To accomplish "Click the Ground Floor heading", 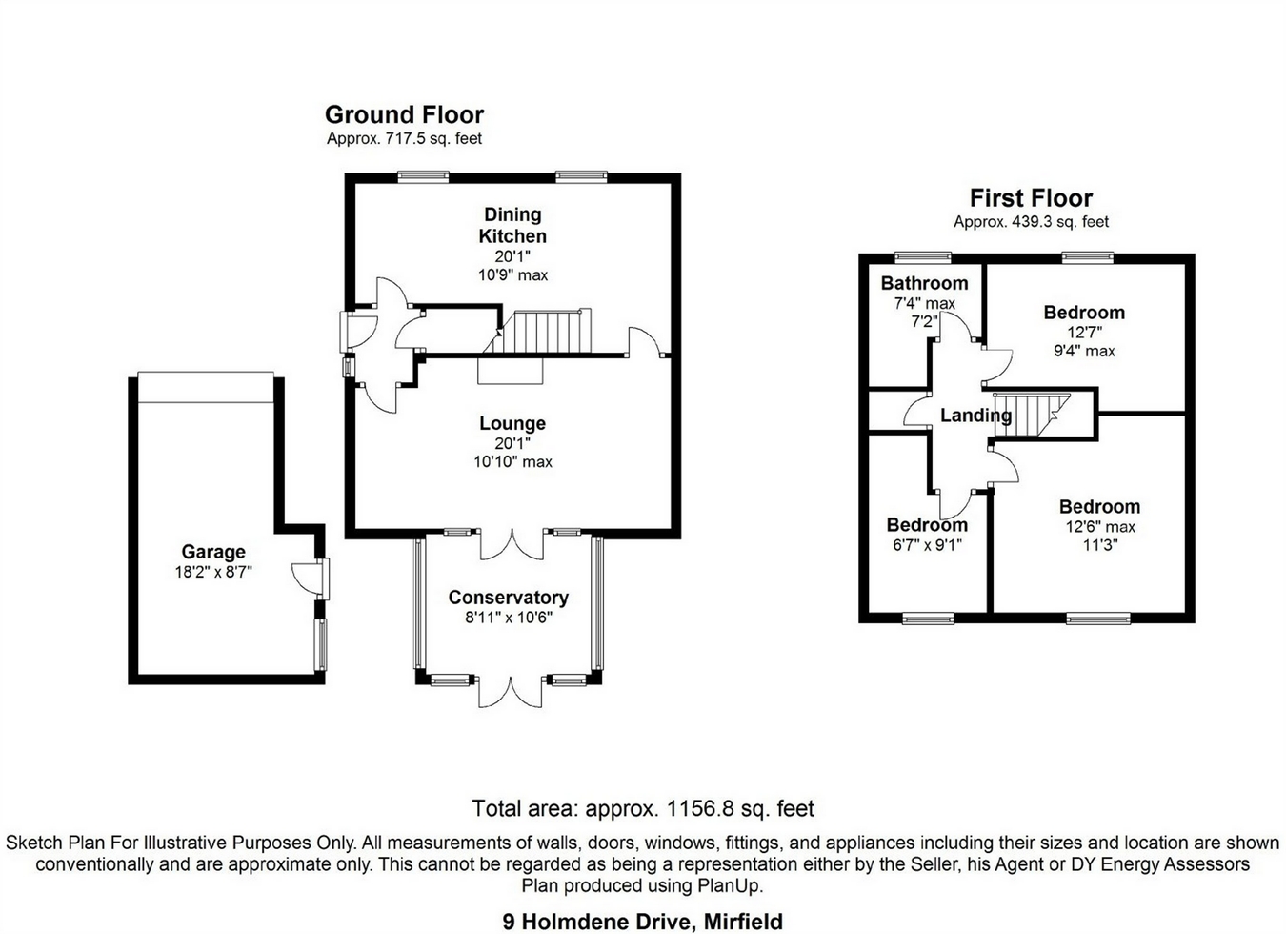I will (x=404, y=115).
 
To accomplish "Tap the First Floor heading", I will (x=1031, y=198).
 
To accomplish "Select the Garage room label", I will (x=213, y=552).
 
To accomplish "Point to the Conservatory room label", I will (x=508, y=598).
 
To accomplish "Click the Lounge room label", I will (x=512, y=423).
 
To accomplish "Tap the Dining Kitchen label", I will (x=512, y=225).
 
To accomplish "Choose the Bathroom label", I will (x=924, y=283).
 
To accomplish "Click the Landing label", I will (x=975, y=416).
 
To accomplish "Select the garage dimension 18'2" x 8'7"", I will (x=213, y=573).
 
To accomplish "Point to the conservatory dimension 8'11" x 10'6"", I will (x=508, y=618).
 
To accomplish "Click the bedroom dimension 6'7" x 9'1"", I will (x=927, y=545).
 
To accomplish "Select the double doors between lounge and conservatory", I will (x=512, y=544).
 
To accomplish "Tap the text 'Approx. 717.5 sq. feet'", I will (x=404, y=139).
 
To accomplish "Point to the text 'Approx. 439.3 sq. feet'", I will (x=1031, y=222).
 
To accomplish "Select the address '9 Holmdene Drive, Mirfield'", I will (x=643, y=922).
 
